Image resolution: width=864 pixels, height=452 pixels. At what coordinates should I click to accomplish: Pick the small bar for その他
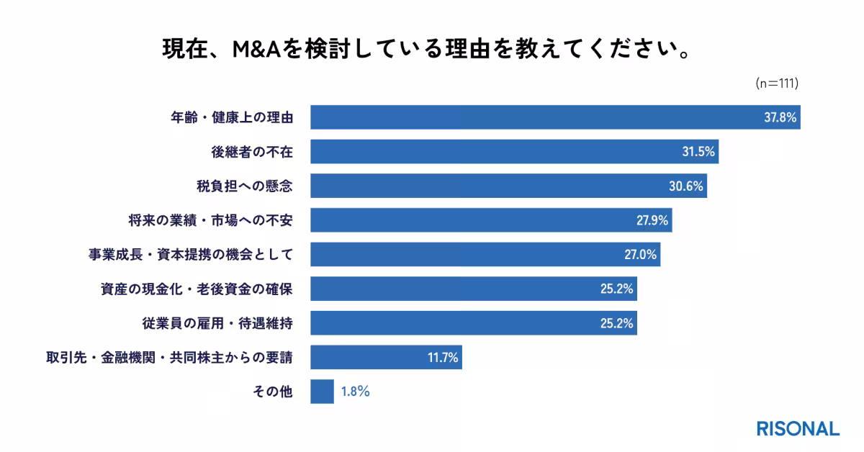322,392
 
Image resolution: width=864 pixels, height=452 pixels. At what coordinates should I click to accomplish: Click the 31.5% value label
698,152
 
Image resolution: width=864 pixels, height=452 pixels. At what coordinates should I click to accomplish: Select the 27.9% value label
652,220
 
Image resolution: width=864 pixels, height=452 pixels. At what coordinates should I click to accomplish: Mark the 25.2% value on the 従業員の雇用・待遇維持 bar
616,324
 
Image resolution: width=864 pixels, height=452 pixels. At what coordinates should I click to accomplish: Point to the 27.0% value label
639,255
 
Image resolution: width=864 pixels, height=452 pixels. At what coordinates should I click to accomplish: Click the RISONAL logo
798,428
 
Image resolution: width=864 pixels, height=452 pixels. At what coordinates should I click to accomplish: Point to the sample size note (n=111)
778,83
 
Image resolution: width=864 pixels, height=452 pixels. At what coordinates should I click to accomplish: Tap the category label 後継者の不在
246,152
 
